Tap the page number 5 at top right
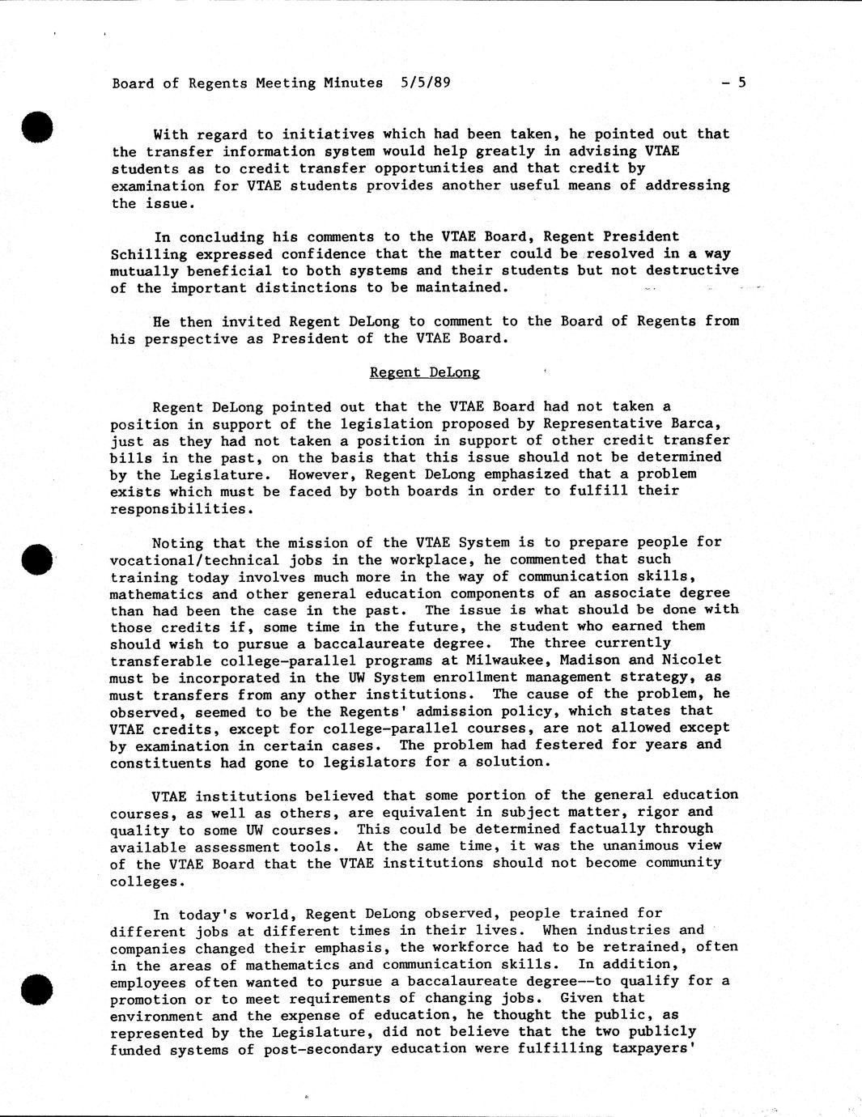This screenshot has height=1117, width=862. pos(741,82)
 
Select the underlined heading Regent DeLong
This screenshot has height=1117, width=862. pos(424,372)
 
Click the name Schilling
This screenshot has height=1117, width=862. pos(144,254)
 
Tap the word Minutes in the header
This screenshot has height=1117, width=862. pos(353,83)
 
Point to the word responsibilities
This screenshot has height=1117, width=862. pos(178,508)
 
